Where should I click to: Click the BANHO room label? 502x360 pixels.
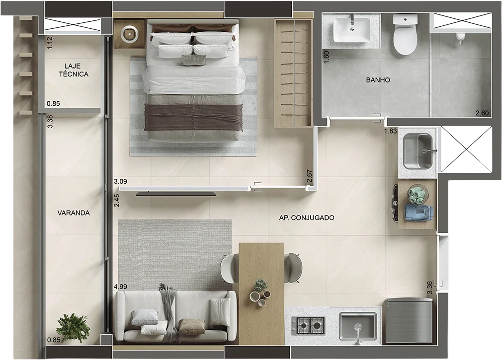tap(378, 80)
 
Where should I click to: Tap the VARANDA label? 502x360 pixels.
tap(74, 213)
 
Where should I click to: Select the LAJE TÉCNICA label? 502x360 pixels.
tap(74, 70)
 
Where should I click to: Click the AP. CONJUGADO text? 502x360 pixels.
tap(307, 217)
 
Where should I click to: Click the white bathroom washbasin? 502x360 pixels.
tap(352, 30)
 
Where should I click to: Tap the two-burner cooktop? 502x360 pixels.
tap(308, 325)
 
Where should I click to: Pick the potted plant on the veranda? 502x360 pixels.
tap(73, 328)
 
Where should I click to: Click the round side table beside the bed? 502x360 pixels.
tap(130, 33)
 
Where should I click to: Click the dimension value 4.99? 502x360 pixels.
tap(120, 287)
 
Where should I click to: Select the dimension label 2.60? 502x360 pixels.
tap(482, 113)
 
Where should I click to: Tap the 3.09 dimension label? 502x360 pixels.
tap(120, 181)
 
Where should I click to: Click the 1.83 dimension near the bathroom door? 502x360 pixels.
tap(391, 131)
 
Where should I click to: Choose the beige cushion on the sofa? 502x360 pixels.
tap(191, 326)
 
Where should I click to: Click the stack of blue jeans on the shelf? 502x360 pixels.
tap(419, 213)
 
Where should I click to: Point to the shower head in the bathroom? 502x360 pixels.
tap(460, 38)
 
